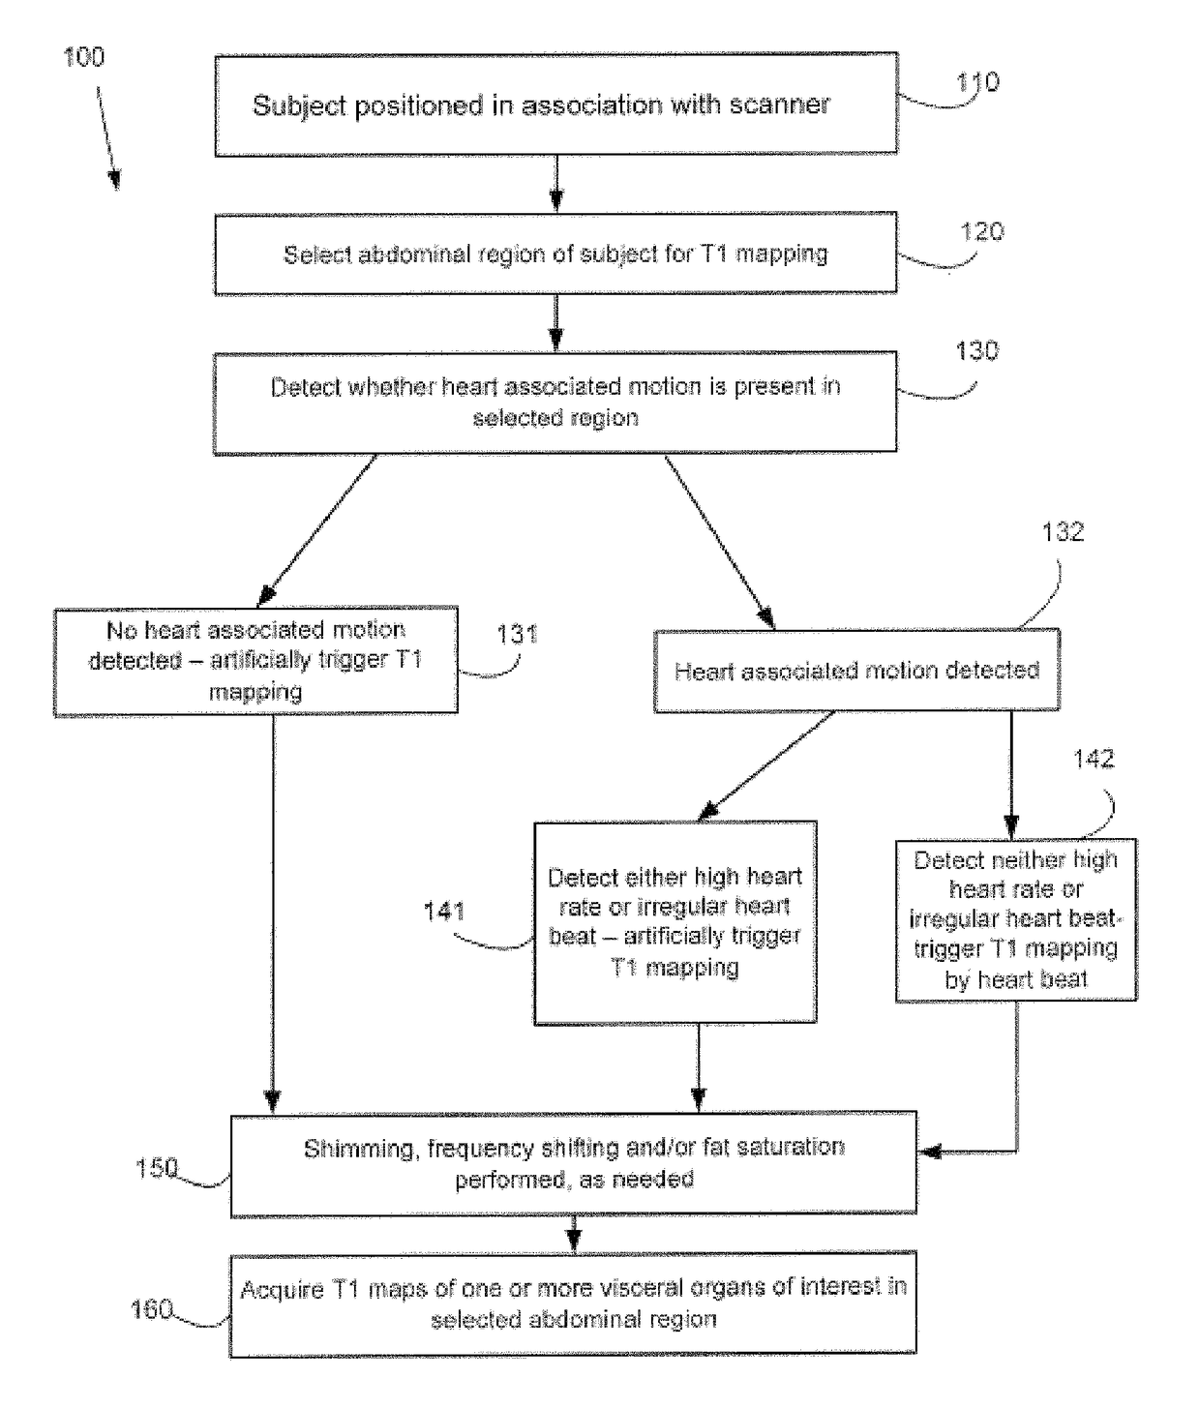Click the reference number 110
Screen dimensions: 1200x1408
(977, 82)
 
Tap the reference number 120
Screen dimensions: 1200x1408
(981, 232)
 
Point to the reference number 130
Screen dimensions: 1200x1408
(976, 351)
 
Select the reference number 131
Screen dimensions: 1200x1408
(517, 634)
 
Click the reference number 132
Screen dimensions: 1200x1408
(1063, 532)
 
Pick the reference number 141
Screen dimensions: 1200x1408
(444, 912)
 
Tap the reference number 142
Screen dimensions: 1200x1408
(1094, 759)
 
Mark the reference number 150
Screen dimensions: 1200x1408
(157, 1168)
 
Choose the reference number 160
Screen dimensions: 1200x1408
(151, 1309)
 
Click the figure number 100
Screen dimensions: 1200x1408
(84, 57)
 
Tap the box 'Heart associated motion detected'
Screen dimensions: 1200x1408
(856, 671)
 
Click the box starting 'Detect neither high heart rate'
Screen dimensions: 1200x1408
(1016, 920)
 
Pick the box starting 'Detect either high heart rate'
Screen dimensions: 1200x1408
(675, 923)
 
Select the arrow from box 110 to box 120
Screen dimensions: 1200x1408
(556, 183)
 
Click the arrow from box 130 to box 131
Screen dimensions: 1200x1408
(316, 530)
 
